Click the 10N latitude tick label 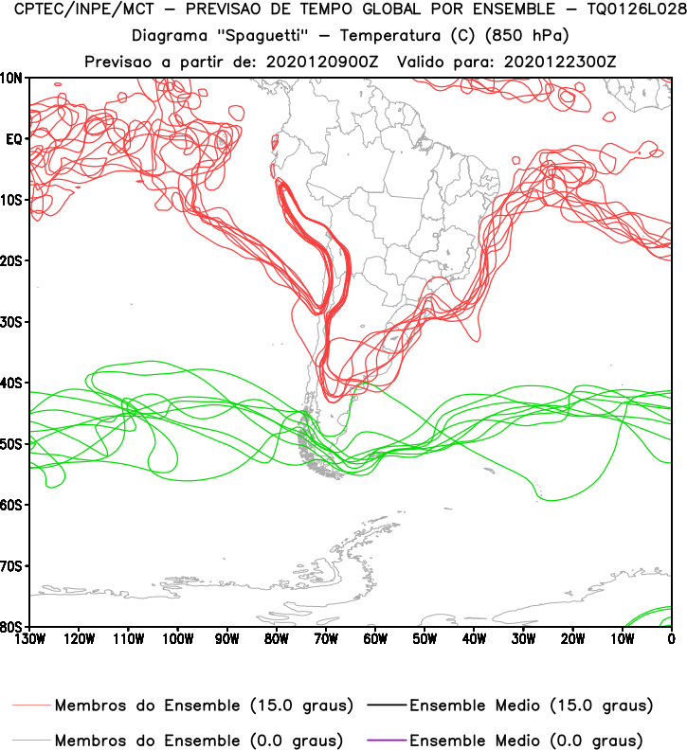tap(13, 78)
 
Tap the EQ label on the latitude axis tap(14, 139)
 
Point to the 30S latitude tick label tap(13, 322)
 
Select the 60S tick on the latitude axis tap(13, 505)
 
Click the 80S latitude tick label tap(13, 627)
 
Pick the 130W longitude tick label tap(29, 639)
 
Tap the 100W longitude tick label tap(177, 639)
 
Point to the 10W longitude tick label tap(622, 639)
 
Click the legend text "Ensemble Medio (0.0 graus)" tap(526, 739)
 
